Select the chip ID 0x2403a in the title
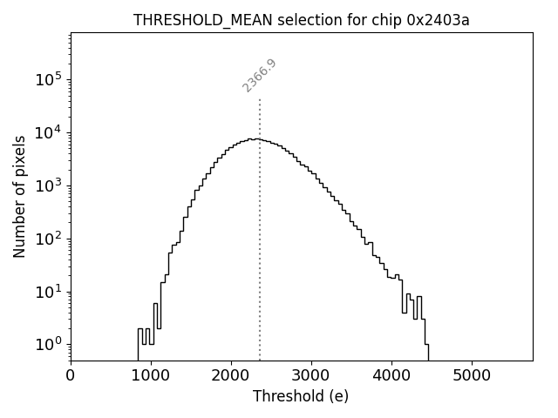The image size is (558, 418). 438,20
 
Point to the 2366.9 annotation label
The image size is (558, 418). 260,76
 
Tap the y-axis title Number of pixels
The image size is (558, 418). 19,197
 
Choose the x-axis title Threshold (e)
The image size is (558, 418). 301,396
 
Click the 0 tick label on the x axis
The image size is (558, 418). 71,375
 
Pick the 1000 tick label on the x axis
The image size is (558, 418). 151,375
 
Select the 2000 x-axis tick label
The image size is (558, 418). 231,375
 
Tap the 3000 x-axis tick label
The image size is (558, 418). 311,375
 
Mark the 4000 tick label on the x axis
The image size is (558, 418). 391,375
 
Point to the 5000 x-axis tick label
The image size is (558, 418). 472,375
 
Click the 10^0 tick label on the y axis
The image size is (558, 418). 49,344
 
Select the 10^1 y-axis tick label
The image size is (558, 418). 49,291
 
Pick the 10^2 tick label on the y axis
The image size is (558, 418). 49,238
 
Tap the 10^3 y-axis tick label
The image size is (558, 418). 49,185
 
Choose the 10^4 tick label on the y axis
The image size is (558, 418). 49,132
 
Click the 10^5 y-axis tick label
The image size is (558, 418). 49,79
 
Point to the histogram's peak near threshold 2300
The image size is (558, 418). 254,138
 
